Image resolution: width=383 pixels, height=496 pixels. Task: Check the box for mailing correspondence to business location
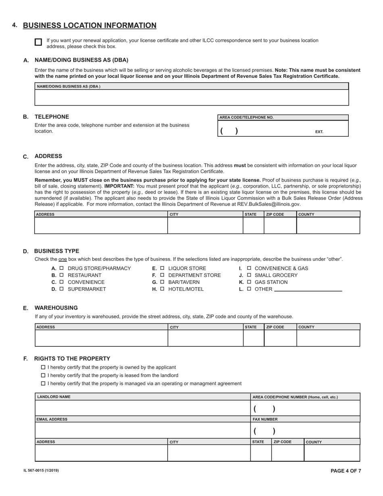[38, 42]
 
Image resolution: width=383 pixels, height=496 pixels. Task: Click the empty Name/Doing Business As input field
[191, 98]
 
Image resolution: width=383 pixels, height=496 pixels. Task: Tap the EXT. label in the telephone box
[319, 132]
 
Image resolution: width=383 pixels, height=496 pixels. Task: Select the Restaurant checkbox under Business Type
[62, 275]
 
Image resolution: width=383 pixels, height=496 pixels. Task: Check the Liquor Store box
[162, 268]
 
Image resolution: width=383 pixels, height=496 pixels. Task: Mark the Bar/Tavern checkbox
[162, 282]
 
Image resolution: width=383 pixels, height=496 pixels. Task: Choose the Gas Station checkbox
[249, 282]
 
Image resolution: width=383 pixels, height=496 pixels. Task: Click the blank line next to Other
[308, 289]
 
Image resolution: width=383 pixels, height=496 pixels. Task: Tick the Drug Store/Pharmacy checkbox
[62, 268]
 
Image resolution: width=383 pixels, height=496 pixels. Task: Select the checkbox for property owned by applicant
[43, 367]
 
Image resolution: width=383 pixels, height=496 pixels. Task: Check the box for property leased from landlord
[43, 375]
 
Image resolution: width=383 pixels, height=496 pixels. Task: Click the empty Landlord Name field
[142, 408]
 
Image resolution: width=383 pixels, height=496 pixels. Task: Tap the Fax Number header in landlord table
[265, 419]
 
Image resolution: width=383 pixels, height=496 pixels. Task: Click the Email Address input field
[142, 430]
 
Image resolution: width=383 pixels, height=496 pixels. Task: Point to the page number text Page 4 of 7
[346, 471]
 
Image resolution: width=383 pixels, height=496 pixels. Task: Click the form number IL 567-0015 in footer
[41, 470]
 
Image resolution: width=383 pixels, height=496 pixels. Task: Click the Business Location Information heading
[90, 25]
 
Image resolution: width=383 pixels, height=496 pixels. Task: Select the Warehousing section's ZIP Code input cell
[280, 338]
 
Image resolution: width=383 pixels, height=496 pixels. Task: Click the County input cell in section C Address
[328, 225]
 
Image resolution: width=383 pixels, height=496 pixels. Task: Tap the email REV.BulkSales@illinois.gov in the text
[269, 204]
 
